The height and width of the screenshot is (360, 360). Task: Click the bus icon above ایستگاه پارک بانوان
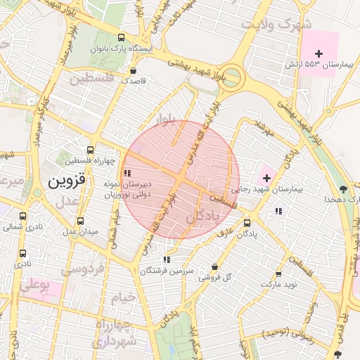coord(122,38)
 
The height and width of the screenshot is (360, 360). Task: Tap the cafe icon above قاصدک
coord(133,70)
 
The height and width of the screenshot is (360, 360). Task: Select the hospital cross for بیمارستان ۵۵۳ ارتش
coord(319,53)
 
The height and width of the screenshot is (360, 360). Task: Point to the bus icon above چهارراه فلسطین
coord(89,150)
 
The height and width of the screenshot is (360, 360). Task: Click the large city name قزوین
coord(67,181)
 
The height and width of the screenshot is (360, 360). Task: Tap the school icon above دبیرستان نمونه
coord(127,172)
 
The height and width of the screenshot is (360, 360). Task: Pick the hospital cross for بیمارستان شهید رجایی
coord(266,178)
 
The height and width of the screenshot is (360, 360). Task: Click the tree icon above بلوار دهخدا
coord(343,188)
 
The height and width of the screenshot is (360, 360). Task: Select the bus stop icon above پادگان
coord(247,223)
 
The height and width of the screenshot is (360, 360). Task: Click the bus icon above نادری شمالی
coord(23,217)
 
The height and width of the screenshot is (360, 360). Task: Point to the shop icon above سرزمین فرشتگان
coord(167,259)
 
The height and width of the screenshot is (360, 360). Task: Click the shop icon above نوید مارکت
coord(278,274)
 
